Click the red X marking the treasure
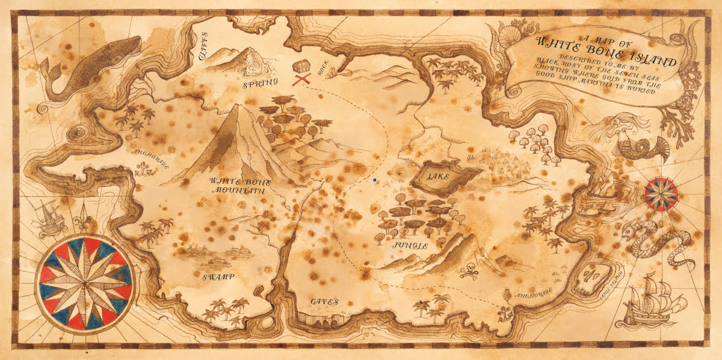(301, 79)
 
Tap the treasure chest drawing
(300, 66)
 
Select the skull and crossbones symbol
(470, 272)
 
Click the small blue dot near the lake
(375, 179)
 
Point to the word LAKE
(438, 177)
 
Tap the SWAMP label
(217, 276)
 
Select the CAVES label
(325, 301)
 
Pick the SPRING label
(260, 84)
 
